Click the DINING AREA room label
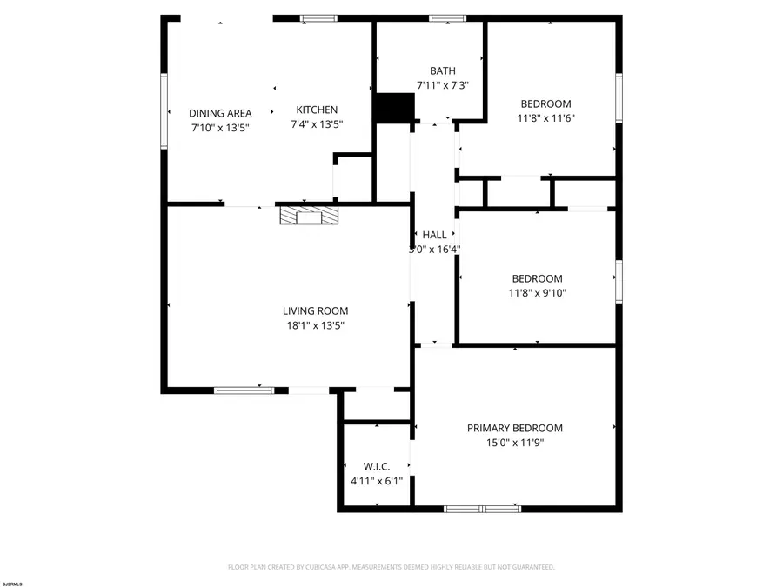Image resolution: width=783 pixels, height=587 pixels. [220, 113]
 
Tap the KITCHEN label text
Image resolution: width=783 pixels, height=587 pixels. [317, 110]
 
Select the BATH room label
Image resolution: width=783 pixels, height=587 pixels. [442, 71]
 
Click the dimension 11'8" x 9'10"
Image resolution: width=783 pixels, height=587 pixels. [539, 293]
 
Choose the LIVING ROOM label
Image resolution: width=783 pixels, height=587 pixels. [315, 310]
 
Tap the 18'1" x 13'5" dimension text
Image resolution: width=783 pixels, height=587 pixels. [315, 325]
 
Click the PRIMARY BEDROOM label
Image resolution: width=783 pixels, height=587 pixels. [514, 428]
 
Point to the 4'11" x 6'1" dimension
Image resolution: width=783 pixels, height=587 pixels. [376, 480]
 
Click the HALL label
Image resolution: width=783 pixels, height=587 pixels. [434, 235]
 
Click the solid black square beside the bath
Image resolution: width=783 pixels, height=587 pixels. [394, 108]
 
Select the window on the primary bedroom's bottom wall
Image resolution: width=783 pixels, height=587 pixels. [483, 509]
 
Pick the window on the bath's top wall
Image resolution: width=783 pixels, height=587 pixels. [447, 17]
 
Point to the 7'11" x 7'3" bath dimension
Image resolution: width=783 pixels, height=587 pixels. [442, 85]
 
